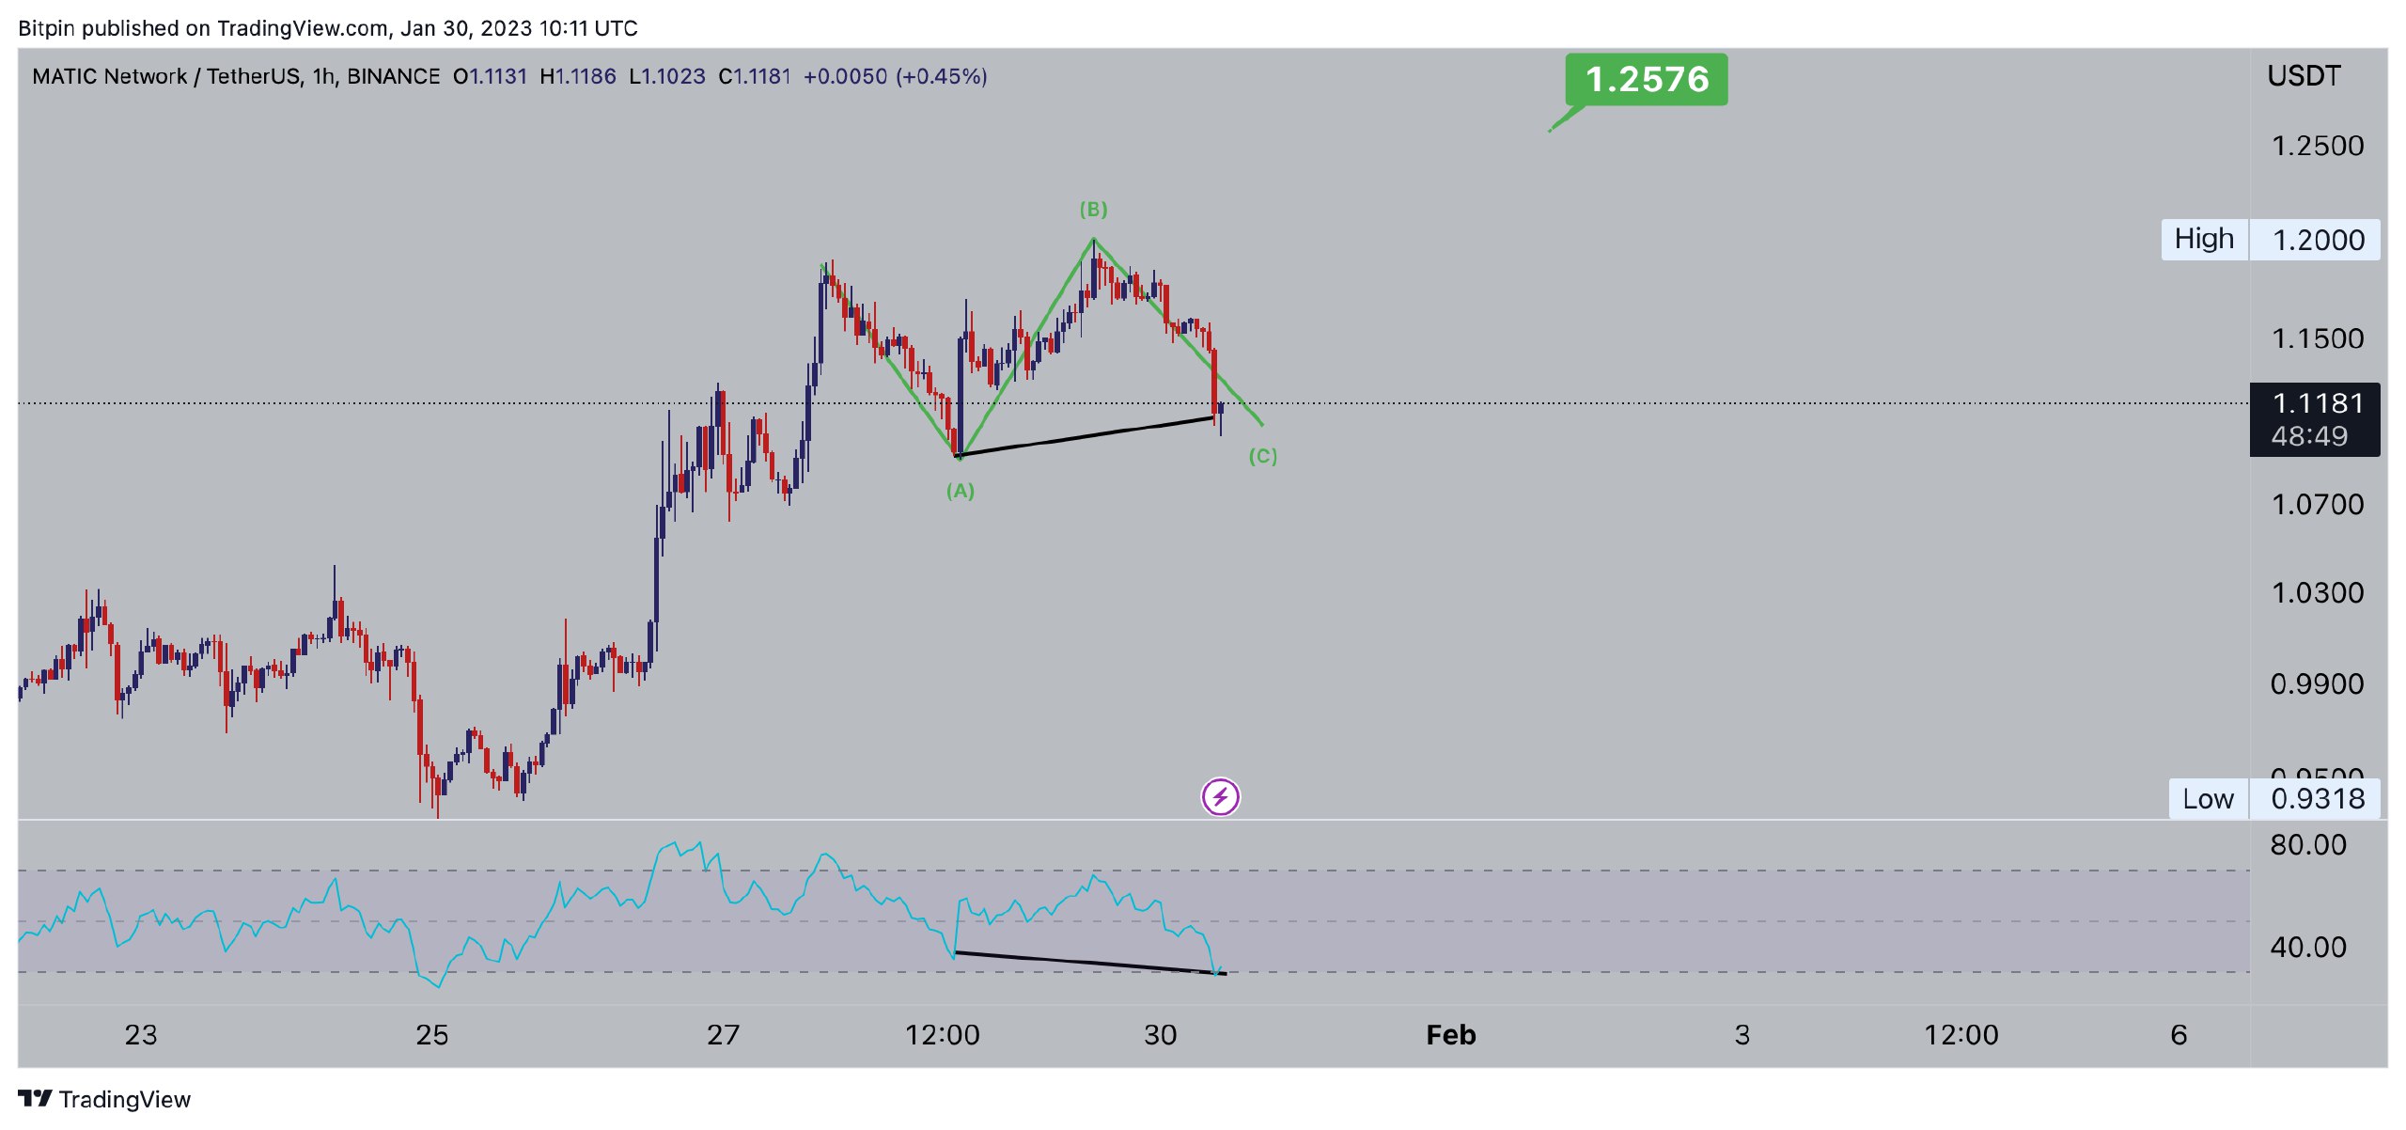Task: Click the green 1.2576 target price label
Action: coord(1646,79)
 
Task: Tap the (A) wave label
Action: coord(960,491)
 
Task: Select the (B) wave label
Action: coord(1093,209)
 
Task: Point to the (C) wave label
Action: coord(1262,457)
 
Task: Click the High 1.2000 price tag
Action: coord(2270,240)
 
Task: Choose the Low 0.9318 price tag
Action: coord(2273,799)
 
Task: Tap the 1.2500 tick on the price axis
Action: coord(2317,146)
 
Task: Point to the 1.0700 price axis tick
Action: coord(2317,505)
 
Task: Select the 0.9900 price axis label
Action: coord(2317,683)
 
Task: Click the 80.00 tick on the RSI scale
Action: coord(2307,845)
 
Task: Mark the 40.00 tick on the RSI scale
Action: coord(2307,947)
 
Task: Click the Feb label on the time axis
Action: coord(1450,1035)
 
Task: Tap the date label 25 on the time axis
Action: coord(431,1035)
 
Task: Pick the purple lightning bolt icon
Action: coord(1220,797)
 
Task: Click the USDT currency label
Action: coord(2304,76)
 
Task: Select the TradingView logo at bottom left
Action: coord(104,1099)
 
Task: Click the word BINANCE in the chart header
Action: coord(393,76)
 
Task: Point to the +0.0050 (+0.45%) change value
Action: coord(895,76)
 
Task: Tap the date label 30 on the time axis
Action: coord(1160,1035)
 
